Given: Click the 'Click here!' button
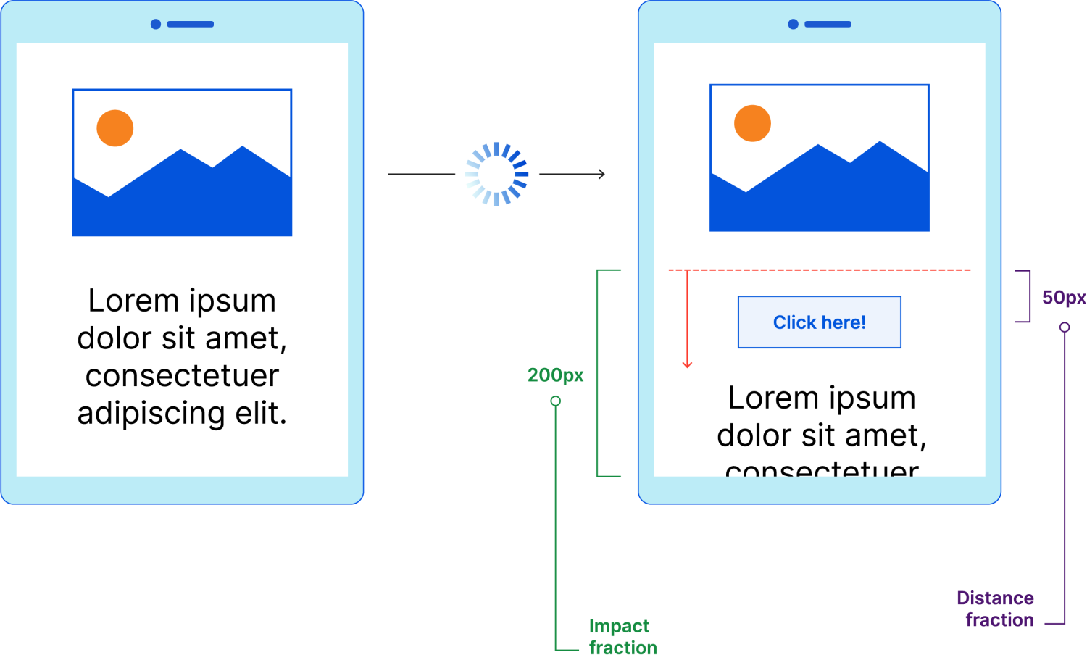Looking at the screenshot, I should click(819, 322).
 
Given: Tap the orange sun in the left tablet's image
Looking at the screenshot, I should click(115, 128).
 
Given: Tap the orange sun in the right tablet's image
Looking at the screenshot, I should click(752, 123).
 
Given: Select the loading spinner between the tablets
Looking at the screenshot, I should click(496, 174).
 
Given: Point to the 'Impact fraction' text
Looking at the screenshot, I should click(622, 637).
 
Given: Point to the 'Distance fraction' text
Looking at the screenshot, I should click(996, 609).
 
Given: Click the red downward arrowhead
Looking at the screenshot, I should click(687, 364).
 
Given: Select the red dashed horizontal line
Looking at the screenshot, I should click(819, 270).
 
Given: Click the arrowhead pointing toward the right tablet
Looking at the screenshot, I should click(601, 174).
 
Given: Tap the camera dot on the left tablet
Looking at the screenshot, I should click(155, 24).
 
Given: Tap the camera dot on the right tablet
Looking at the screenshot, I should click(793, 24).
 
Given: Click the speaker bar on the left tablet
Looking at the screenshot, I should click(191, 24).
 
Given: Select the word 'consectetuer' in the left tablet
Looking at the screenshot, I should click(182, 376).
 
